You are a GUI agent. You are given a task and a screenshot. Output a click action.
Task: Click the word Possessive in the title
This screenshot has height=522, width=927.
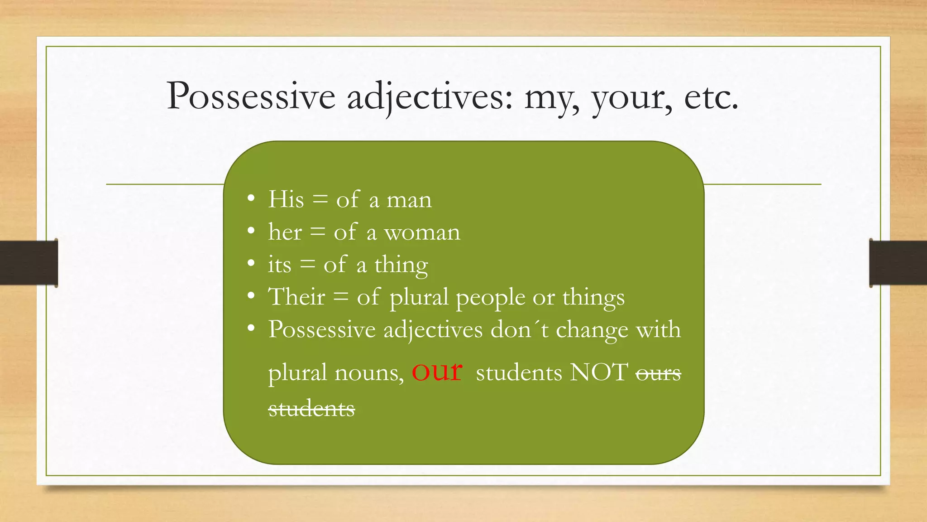point(251,97)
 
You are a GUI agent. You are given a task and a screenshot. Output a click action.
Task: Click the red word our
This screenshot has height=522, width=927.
point(437,371)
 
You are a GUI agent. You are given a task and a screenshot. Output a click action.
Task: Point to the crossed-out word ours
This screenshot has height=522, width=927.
point(658,374)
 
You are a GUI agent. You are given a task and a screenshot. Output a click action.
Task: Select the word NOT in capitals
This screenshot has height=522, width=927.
point(599,372)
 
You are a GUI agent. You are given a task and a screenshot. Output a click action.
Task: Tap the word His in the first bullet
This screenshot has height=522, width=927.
point(286,199)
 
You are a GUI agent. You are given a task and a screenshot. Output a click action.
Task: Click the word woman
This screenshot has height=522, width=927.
point(422,233)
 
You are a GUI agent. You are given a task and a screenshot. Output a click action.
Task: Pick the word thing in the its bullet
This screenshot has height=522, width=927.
point(401,266)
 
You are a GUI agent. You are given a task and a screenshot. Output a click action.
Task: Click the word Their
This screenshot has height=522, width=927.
point(296,297)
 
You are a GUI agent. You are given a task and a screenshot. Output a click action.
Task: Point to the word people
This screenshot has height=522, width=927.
point(491,299)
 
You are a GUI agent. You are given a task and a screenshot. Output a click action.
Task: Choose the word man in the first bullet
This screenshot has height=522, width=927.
point(409,200)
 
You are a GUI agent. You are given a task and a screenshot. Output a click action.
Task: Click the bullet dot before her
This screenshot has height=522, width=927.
point(251,231)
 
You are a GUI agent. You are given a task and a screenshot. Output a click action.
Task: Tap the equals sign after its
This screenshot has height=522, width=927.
point(307,264)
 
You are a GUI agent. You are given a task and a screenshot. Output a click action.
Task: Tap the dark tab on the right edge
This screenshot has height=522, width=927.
point(898,263)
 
